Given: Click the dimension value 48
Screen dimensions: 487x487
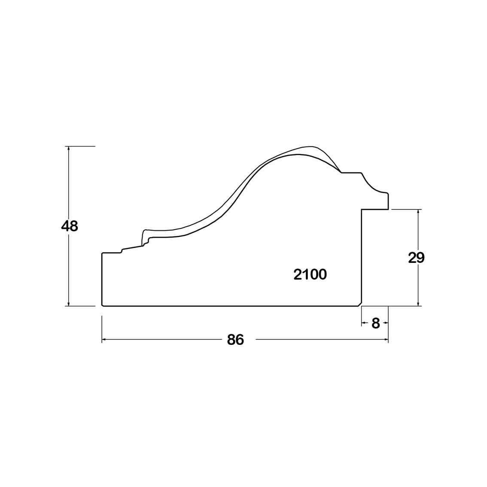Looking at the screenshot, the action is coord(70,226).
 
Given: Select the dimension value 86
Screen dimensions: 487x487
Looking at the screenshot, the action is coord(235,340).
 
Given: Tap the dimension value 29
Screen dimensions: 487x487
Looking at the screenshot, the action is coord(416,258).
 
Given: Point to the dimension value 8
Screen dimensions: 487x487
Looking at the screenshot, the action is coord(375,324).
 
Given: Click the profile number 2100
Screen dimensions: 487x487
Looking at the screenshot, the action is coord(310,274).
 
